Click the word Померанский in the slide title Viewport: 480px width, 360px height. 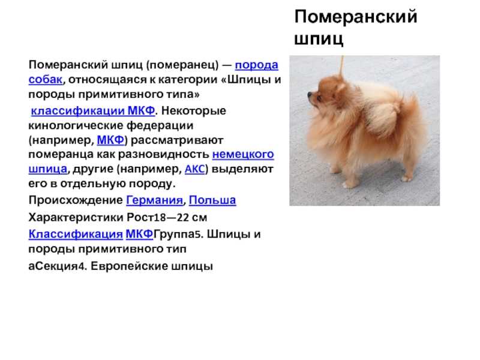356,17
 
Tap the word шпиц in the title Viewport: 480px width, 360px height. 319,39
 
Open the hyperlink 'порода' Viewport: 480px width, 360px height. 257,65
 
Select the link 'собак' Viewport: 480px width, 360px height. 46,79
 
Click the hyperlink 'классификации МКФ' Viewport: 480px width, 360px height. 93,110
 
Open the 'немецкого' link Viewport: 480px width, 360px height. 243,154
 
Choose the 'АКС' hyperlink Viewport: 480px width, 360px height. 194,169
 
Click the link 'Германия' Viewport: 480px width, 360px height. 155,200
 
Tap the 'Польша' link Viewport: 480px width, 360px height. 212,200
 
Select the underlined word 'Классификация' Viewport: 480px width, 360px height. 76,234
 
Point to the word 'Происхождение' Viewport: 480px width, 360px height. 76,200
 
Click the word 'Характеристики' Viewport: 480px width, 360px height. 76,217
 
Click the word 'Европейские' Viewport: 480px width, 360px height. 129,266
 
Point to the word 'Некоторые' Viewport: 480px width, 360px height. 193,110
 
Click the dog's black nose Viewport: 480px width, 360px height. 310,95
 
